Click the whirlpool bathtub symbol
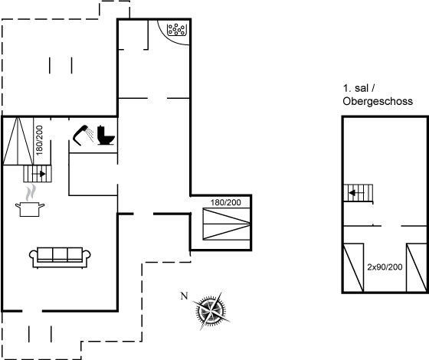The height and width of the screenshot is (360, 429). pos(177,30)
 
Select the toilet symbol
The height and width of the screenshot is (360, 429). pos(106,135)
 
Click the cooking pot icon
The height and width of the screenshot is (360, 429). pos(30,209)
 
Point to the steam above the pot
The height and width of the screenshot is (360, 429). pos(31,192)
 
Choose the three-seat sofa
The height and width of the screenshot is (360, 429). pos(60,257)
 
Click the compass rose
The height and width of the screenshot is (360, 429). pos(211,311)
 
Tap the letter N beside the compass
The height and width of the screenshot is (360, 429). pos(185,296)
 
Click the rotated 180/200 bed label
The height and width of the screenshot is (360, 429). pos(39,140)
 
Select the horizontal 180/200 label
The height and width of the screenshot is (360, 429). pos(226,202)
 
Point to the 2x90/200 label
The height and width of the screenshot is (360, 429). pos(385,267)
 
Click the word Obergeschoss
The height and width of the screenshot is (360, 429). pos(378,101)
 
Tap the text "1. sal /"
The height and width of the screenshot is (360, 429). pos(359,88)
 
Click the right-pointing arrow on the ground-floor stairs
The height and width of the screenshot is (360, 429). pos(38,174)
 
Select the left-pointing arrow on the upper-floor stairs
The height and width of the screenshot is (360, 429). pos(356,193)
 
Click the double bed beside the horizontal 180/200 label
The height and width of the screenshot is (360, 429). pos(227,224)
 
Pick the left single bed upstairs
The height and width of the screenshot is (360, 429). pos(353,268)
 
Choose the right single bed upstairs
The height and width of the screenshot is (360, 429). pos(417,268)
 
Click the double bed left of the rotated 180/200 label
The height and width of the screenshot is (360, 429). pos(18,141)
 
